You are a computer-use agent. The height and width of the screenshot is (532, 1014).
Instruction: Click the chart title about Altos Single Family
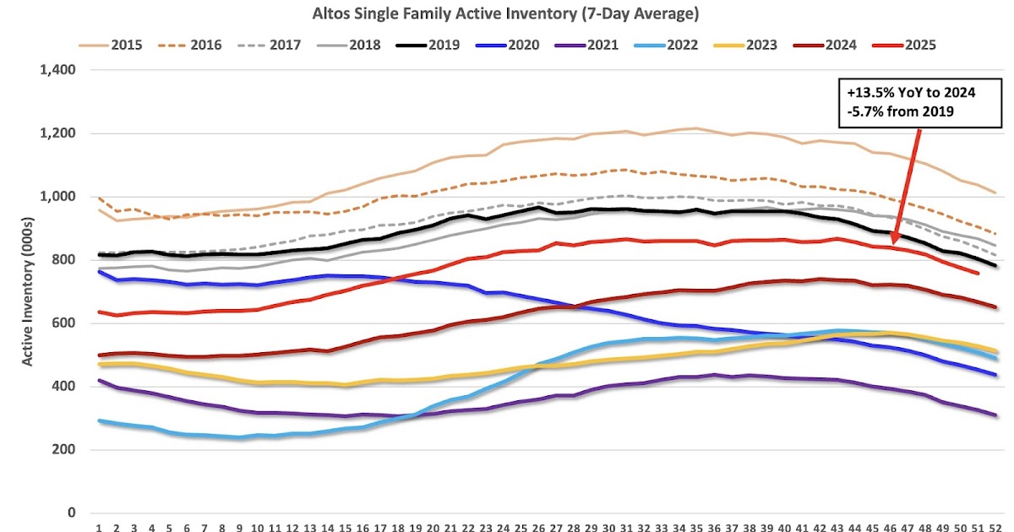coord(507,14)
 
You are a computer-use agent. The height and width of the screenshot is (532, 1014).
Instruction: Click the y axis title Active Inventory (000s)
coord(27,291)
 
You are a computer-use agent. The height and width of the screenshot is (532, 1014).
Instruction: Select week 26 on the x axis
coord(537,529)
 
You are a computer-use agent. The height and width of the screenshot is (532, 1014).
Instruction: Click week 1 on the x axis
coord(99,529)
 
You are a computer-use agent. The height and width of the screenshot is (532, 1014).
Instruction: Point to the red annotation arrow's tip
coord(891,246)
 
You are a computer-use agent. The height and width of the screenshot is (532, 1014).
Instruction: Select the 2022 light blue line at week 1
coord(99,421)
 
